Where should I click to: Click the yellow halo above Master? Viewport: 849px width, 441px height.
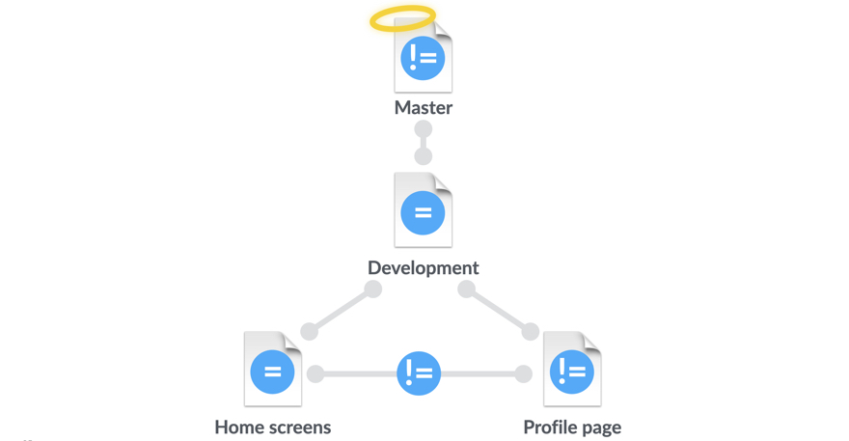402,18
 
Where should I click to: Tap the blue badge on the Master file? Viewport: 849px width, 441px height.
423,58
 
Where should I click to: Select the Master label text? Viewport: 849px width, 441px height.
423,107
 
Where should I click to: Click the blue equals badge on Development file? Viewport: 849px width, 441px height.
423,213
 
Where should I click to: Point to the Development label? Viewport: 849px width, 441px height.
423,267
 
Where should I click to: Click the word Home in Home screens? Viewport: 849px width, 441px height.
238,427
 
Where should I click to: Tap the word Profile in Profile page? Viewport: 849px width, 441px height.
552,427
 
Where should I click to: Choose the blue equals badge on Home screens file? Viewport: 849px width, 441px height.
272,372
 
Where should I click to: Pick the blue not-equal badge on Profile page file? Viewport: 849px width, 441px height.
571,372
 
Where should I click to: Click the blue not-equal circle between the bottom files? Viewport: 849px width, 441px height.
419,372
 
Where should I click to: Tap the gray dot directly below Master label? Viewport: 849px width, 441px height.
423,129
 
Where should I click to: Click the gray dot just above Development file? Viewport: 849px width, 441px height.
423,155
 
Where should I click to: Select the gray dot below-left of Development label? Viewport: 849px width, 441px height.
372,289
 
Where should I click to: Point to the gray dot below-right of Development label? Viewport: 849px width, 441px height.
466,289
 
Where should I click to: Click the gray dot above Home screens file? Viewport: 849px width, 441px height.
310,331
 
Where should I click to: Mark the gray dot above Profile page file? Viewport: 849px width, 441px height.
530,331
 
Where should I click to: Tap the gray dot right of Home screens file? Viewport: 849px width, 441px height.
315,373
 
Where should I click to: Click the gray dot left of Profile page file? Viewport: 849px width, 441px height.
523,373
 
